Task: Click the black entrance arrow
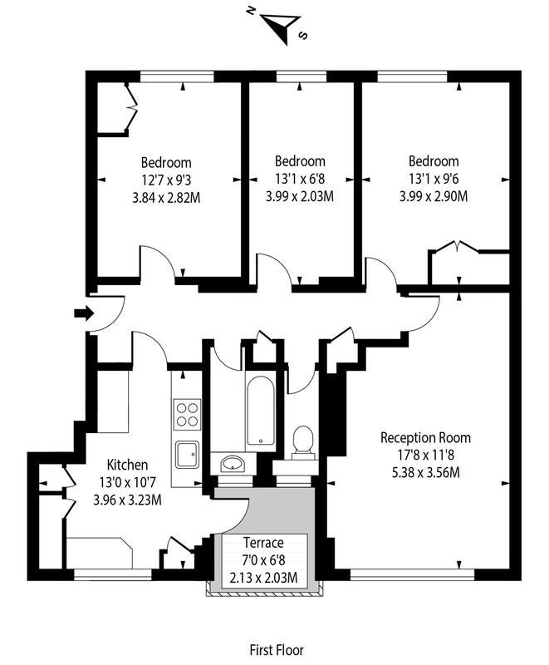84,313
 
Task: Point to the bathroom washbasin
232,464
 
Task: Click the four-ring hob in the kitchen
186,414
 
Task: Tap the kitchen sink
187,455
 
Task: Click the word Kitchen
127,465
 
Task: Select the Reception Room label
425,437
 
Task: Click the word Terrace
263,543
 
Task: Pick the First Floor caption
277,650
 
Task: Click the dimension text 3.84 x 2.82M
166,198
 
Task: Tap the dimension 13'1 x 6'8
300,179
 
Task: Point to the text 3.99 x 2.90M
434,197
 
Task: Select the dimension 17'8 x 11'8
425,455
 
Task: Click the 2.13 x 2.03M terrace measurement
263,578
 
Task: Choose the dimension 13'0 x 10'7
127,482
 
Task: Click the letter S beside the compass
302,36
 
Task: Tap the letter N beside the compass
251,12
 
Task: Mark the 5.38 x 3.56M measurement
425,472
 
